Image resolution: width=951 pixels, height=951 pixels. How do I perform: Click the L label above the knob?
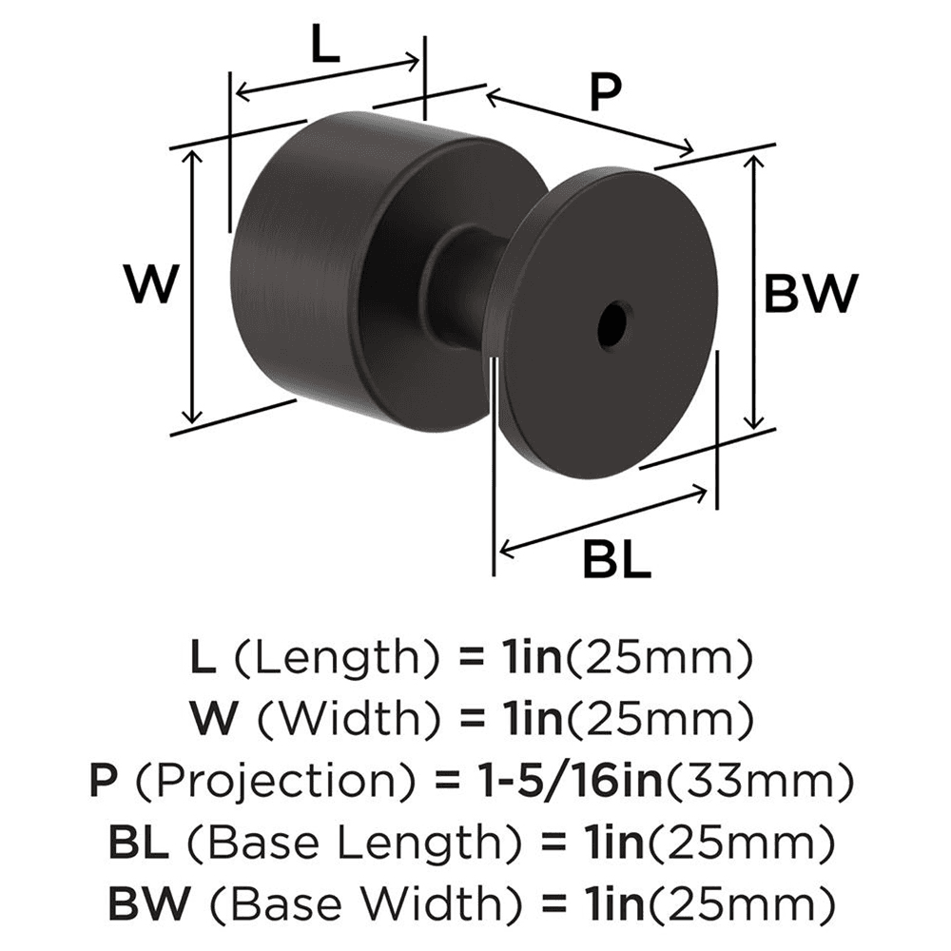tap(324, 44)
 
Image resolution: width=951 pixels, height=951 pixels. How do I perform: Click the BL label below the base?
tap(615, 559)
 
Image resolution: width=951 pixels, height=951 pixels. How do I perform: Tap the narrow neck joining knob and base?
tap(466, 285)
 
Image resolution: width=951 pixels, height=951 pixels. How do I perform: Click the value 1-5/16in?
tap(561, 782)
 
